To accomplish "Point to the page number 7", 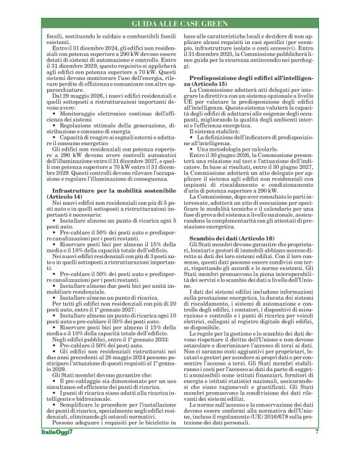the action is (x=316, y=449).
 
